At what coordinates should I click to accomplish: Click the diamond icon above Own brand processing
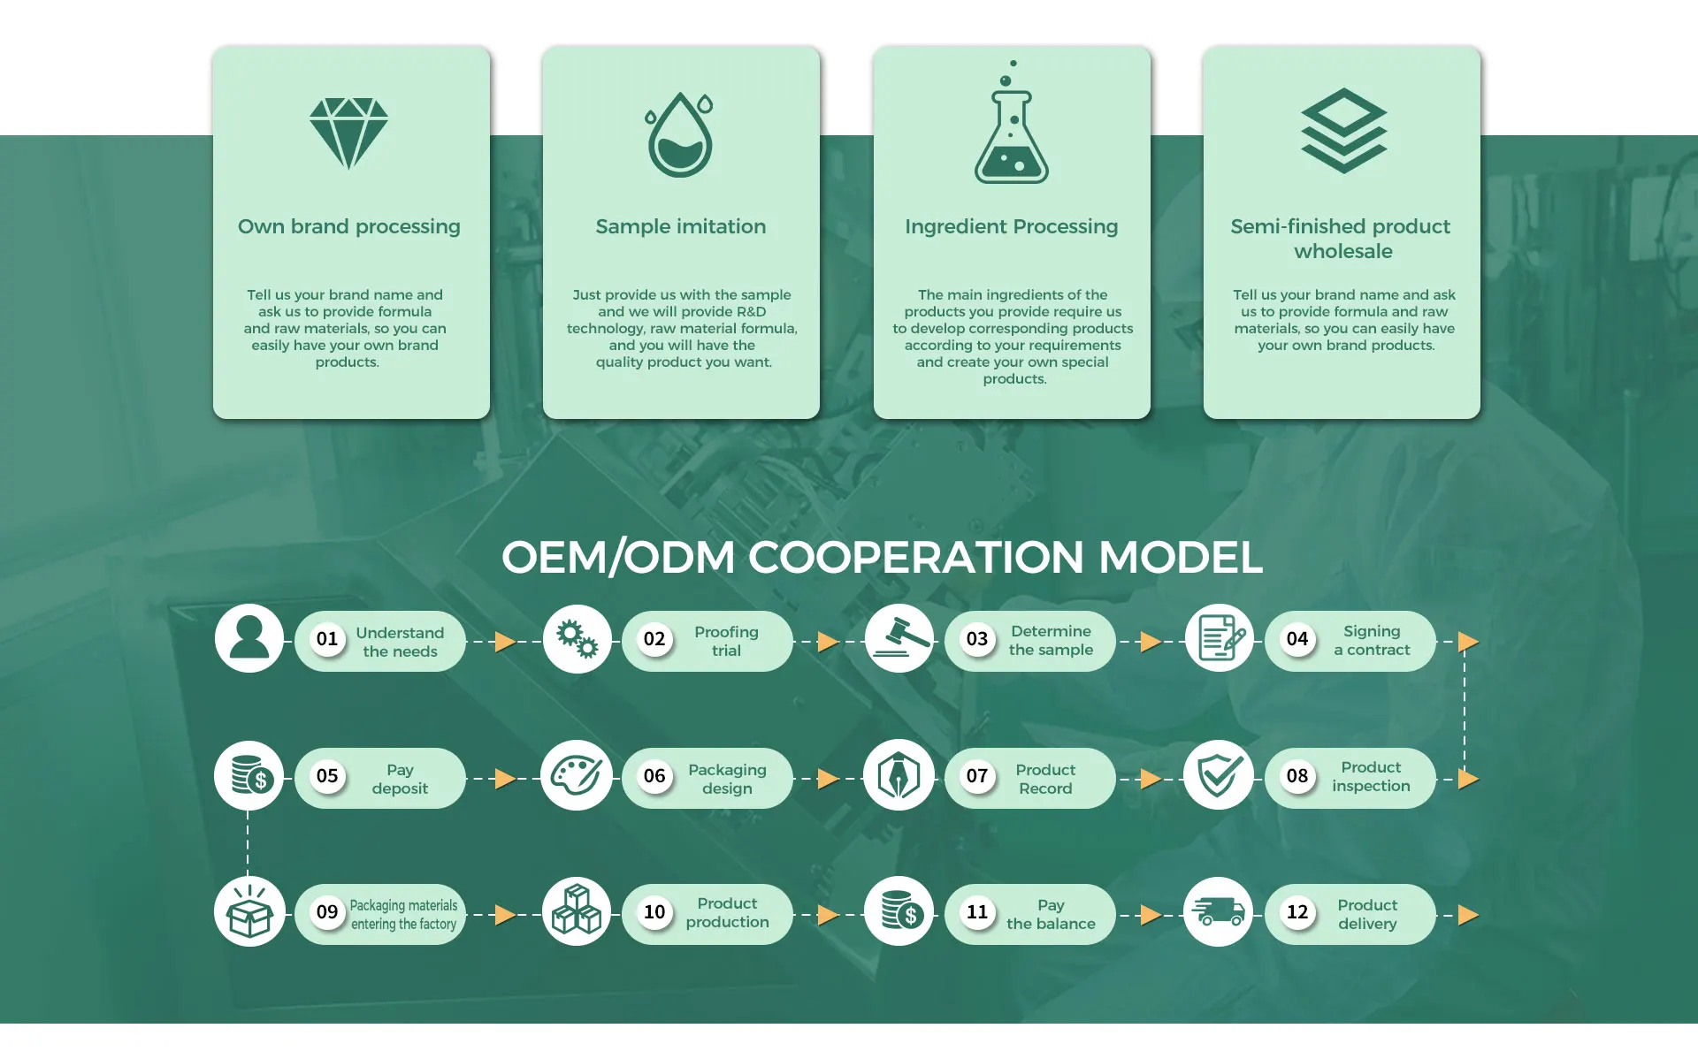pos(348,133)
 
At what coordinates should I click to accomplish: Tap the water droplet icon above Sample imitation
pos(679,135)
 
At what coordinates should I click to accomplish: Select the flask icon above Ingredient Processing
pos(1012,133)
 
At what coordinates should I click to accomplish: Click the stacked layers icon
pos(1343,131)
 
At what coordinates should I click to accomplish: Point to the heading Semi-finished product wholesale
pos(1341,239)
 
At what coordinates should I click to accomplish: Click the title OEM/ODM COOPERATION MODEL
pos(882,558)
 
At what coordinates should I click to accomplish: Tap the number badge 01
pos(327,639)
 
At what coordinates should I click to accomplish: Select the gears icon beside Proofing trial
pos(577,639)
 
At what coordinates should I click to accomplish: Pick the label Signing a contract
pos(1372,641)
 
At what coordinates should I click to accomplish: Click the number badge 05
pos(327,776)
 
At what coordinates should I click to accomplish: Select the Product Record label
pos(1045,779)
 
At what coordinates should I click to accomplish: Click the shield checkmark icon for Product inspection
pos(1219,775)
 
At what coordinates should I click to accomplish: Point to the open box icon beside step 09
pos(249,912)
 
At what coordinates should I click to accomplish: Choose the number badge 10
pos(654,912)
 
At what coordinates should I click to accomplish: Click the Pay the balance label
pos(1051,915)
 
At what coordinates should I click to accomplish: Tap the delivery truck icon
pos(1219,912)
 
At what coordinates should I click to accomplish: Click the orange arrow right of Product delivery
pos(1468,915)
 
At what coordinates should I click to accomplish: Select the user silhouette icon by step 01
pos(249,638)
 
